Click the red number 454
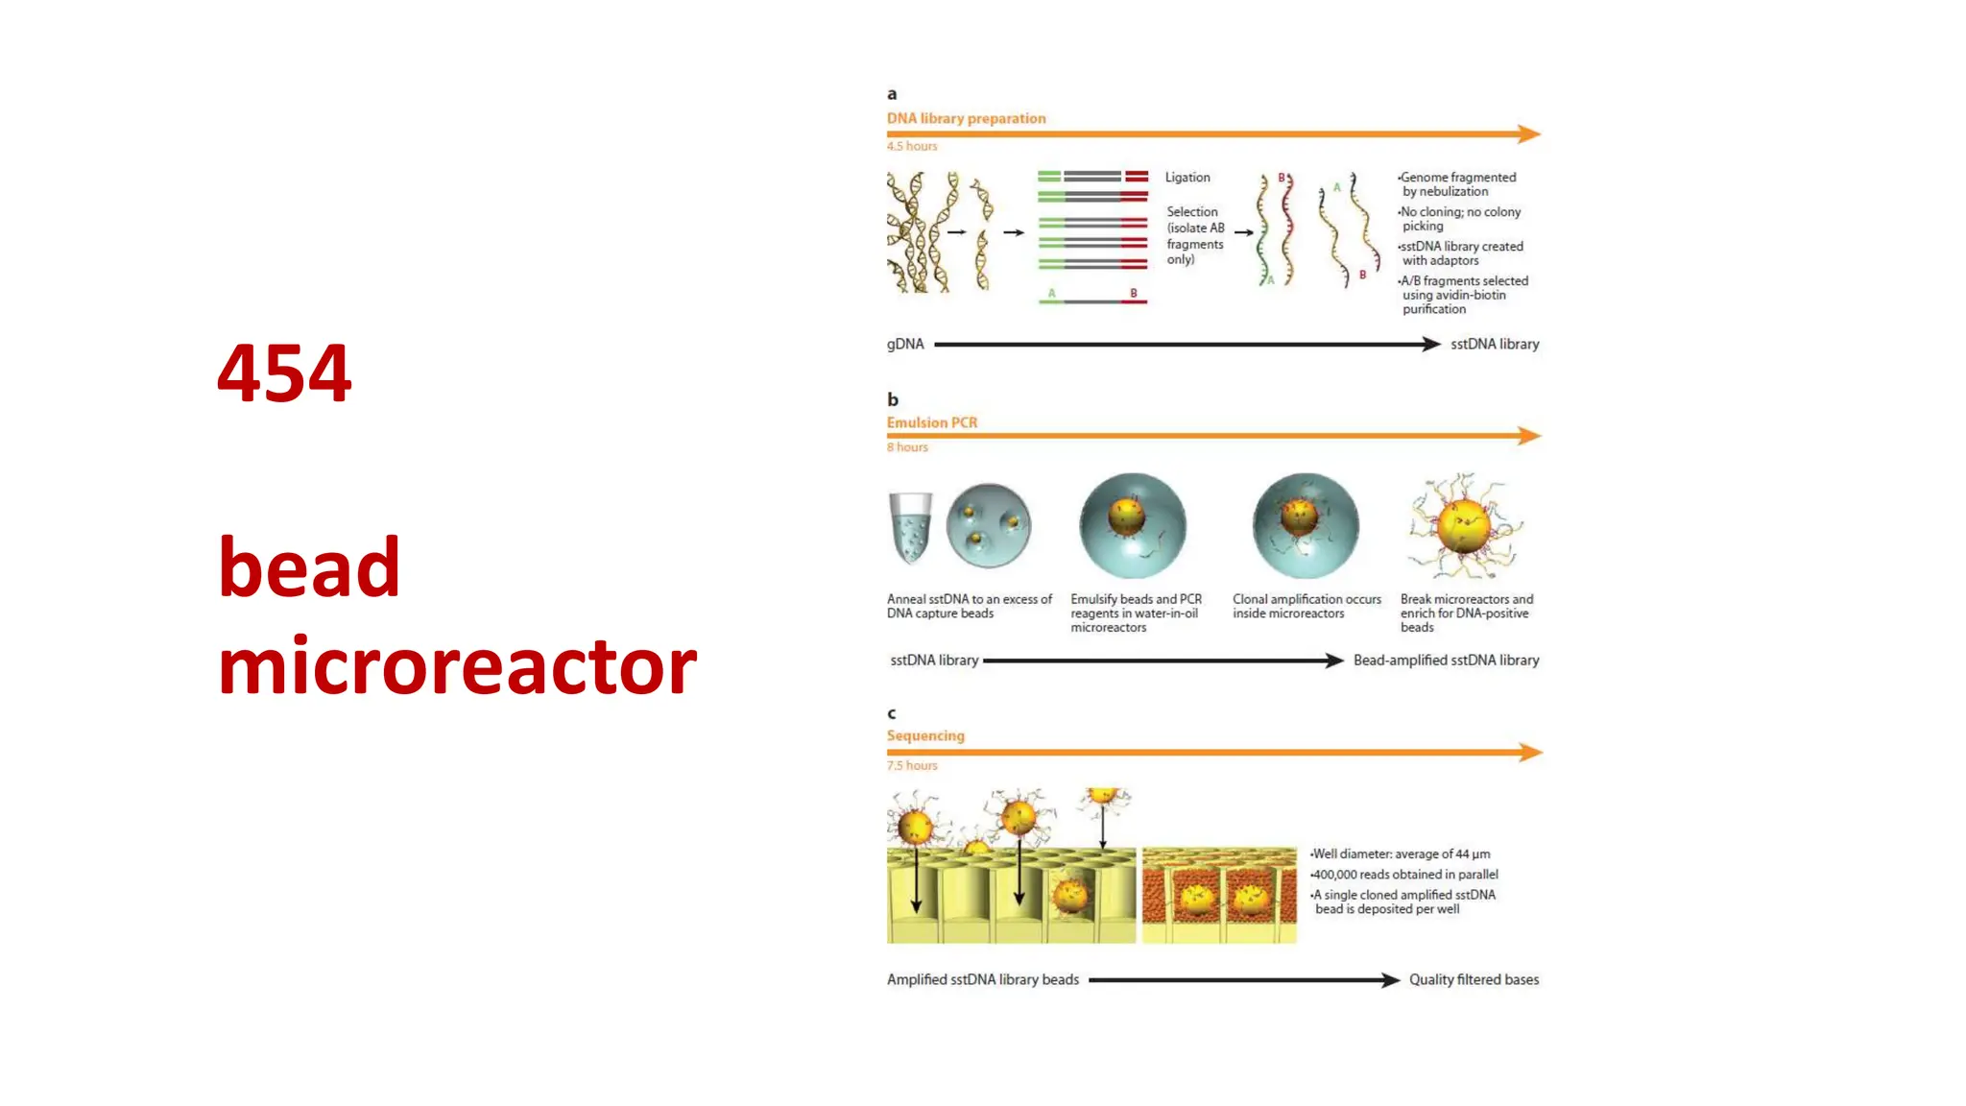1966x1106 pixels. coord(284,373)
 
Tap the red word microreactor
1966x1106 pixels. coord(457,666)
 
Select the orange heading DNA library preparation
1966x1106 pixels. coord(966,118)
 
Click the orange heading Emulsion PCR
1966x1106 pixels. coord(931,422)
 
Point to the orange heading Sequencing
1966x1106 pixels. coord(925,735)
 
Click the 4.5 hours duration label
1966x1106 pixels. coord(911,146)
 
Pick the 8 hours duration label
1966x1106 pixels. coord(907,447)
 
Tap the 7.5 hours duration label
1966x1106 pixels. coord(911,765)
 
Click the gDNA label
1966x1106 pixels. coord(904,344)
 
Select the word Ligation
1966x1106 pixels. coord(1187,178)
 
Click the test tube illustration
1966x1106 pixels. coord(909,526)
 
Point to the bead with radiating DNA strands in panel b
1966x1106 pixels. coord(1463,526)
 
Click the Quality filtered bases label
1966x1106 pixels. coord(1473,979)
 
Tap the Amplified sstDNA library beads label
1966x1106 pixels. coord(982,979)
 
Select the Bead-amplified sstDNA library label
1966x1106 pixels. coord(1446,661)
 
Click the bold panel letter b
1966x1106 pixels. coord(892,399)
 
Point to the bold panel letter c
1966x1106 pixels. coord(891,713)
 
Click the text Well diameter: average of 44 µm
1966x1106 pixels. coord(1401,854)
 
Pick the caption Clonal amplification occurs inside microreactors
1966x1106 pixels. coord(1307,606)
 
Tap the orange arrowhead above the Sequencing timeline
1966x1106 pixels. coord(1530,752)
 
